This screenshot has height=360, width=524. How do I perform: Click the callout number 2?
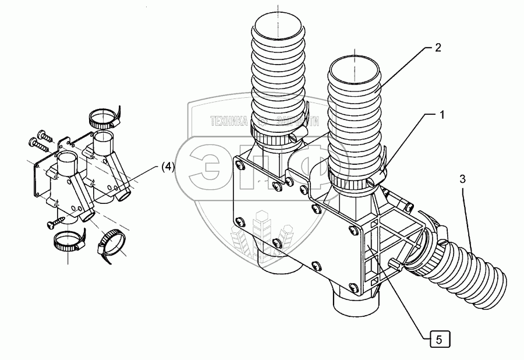[x=437, y=48]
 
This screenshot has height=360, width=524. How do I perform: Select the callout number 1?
[x=442, y=115]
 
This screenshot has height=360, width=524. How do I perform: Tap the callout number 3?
[x=462, y=179]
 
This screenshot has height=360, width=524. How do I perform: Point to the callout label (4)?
[x=167, y=167]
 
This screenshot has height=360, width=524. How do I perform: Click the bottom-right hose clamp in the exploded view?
[x=112, y=243]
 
